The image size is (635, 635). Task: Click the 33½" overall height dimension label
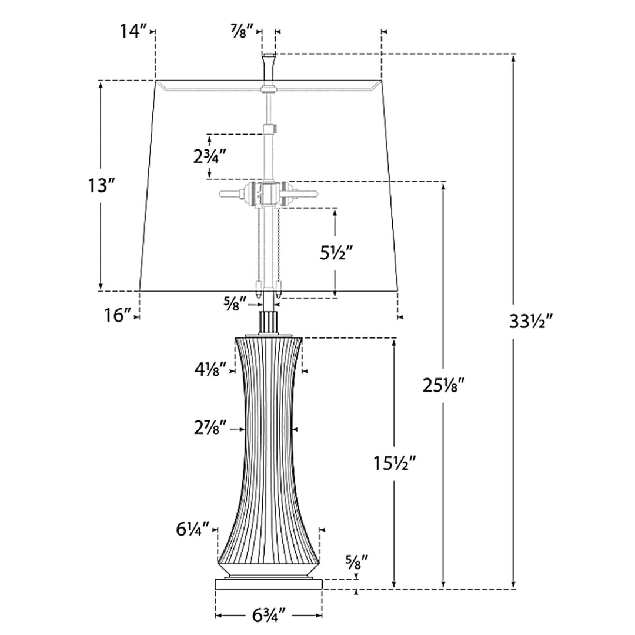[x=530, y=322]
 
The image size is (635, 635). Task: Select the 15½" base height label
[x=395, y=463]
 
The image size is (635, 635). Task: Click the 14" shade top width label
[x=133, y=31]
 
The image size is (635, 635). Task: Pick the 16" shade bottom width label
[x=118, y=316]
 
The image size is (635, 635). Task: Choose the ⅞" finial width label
[x=242, y=31]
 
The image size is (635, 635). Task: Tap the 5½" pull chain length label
[x=336, y=253]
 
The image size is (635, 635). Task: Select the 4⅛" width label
[x=210, y=370]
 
